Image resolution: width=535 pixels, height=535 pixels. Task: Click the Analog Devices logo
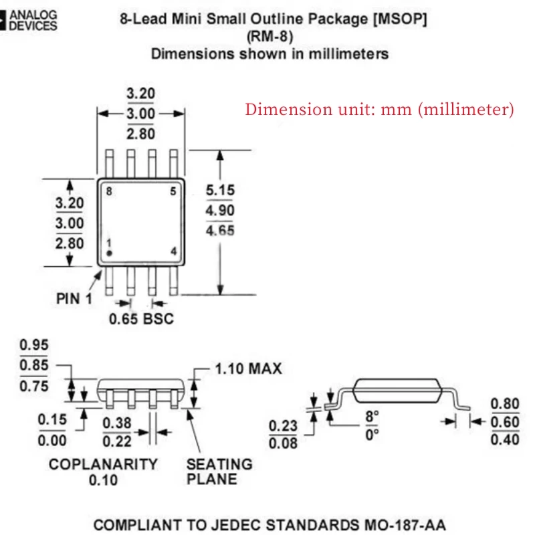point(29,20)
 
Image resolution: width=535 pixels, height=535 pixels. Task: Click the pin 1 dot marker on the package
point(109,253)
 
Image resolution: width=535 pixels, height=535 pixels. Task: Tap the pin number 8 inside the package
point(109,192)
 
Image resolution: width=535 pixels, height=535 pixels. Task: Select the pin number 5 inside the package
point(173,192)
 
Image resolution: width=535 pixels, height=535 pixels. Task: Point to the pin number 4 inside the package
point(173,251)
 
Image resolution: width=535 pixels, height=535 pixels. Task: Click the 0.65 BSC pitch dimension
point(141,318)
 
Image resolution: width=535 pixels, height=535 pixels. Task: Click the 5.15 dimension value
point(220,191)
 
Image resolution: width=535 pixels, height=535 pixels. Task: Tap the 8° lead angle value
point(372,415)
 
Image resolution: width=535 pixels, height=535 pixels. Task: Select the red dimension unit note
point(379,109)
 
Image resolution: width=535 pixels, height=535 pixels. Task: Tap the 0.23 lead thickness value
point(282,425)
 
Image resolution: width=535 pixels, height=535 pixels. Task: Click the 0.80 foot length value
point(505,404)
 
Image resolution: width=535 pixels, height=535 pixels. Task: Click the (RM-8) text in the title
point(270,37)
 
